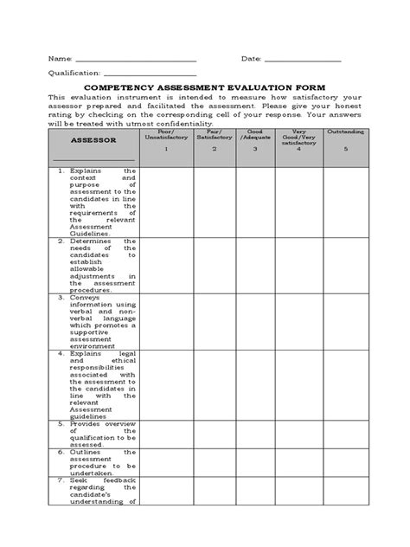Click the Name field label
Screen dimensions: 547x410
coord(60,59)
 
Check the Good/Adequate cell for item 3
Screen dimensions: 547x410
coord(256,321)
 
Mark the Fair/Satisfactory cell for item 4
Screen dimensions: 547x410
coord(215,383)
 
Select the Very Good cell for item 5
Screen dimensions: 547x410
coord(298,433)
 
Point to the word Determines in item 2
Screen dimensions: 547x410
coord(89,241)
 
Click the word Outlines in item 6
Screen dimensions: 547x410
coord(86,452)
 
